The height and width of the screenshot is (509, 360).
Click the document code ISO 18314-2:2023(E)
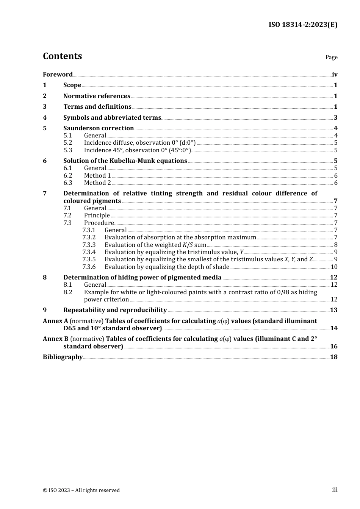pos(303,25)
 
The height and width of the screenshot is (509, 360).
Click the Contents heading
pos(62,56)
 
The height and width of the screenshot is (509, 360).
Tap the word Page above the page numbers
pos(331,57)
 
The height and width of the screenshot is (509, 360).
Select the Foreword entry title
pos(58,75)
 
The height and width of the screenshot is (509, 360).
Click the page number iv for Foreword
pos(335,75)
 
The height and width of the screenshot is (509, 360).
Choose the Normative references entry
pos(97,96)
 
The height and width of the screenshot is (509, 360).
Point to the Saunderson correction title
pos(99,128)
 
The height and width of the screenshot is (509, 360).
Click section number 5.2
pos(67,143)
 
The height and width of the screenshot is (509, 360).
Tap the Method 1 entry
pos(97,176)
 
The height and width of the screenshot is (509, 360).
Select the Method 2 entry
pos(97,183)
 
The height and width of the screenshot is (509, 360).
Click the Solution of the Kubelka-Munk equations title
pos(125,161)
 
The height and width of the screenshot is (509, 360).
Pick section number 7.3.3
pos(89,245)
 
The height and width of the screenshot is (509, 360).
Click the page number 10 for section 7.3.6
pos(334,267)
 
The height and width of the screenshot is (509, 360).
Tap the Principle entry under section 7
pos(97,215)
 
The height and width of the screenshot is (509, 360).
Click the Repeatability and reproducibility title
pos(115,310)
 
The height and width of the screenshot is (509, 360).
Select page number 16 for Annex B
pos(333,347)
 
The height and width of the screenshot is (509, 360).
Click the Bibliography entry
pos(63,357)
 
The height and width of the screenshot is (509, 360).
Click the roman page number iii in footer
pos(335,490)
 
